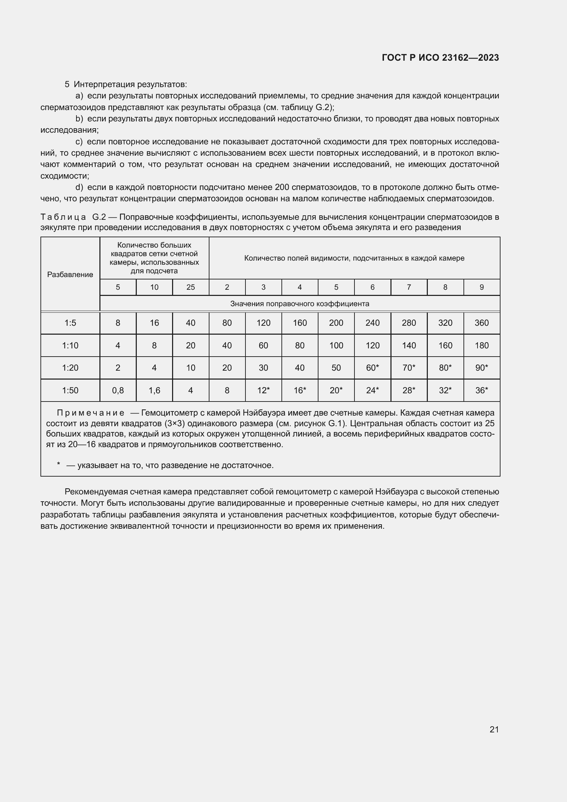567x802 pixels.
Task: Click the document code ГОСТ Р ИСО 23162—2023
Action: (440, 58)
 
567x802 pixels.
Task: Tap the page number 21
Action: (494, 729)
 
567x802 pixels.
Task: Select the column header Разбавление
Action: (70, 275)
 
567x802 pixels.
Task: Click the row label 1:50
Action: (70, 391)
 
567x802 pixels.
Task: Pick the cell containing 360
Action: (481, 323)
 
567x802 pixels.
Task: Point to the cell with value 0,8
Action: (118, 391)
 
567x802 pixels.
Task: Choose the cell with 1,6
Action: (154, 391)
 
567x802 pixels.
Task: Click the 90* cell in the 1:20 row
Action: (481, 368)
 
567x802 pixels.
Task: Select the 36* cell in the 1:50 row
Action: (481, 391)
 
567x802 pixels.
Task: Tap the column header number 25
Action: (191, 287)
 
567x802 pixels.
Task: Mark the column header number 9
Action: (481, 287)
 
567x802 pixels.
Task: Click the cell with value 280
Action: (409, 323)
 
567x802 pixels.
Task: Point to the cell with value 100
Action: (336, 346)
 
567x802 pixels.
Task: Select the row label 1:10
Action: (70, 346)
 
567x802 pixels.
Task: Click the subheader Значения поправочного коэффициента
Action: (300, 304)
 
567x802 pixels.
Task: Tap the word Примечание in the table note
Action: (91, 413)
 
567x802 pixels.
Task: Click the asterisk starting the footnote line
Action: (59, 464)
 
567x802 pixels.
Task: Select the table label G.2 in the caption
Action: (99, 217)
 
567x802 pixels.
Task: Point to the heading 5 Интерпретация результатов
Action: (126, 84)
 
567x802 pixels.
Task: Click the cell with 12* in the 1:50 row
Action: (263, 391)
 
